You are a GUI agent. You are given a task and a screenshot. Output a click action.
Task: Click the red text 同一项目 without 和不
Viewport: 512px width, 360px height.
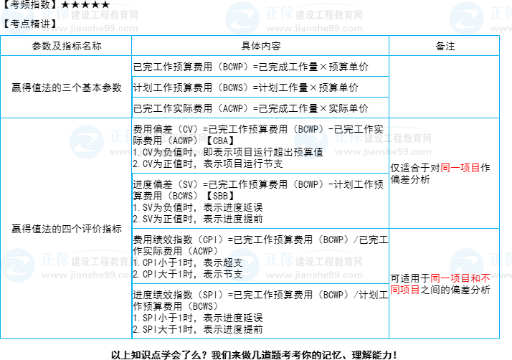pyautogui.click(x=460, y=168)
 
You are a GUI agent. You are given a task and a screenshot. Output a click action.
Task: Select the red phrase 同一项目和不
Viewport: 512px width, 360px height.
pyautogui.click(x=460, y=278)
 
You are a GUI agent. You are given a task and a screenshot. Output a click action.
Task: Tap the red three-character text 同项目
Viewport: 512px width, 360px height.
pyautogui.click(x=405, y=290)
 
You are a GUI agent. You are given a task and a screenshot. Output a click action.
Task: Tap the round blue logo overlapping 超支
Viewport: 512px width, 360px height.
pyautogui.click(x=242, y=265)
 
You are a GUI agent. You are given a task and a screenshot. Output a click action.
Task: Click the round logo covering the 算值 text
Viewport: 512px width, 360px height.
pyautogui.click(x=311, y=142)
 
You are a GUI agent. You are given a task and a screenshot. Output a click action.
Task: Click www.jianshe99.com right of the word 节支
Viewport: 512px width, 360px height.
pyautogui.click(x=314, y=275)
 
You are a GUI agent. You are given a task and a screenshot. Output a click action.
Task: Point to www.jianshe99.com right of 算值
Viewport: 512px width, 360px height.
pyautogui.click(x=383, y=152)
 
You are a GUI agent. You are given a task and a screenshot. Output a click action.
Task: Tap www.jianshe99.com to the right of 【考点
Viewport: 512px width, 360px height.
pyautogui.click(x=90, y=29)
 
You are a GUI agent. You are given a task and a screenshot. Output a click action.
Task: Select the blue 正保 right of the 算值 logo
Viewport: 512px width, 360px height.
pyautogui.click(x=348, y=136)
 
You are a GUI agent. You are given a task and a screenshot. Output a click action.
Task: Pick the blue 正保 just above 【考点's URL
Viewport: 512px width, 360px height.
pyautogui.click(x=55, y=14)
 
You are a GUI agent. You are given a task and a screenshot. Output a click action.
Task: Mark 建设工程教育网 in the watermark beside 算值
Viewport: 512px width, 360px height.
pyautogui.click(x=397, y=138)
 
